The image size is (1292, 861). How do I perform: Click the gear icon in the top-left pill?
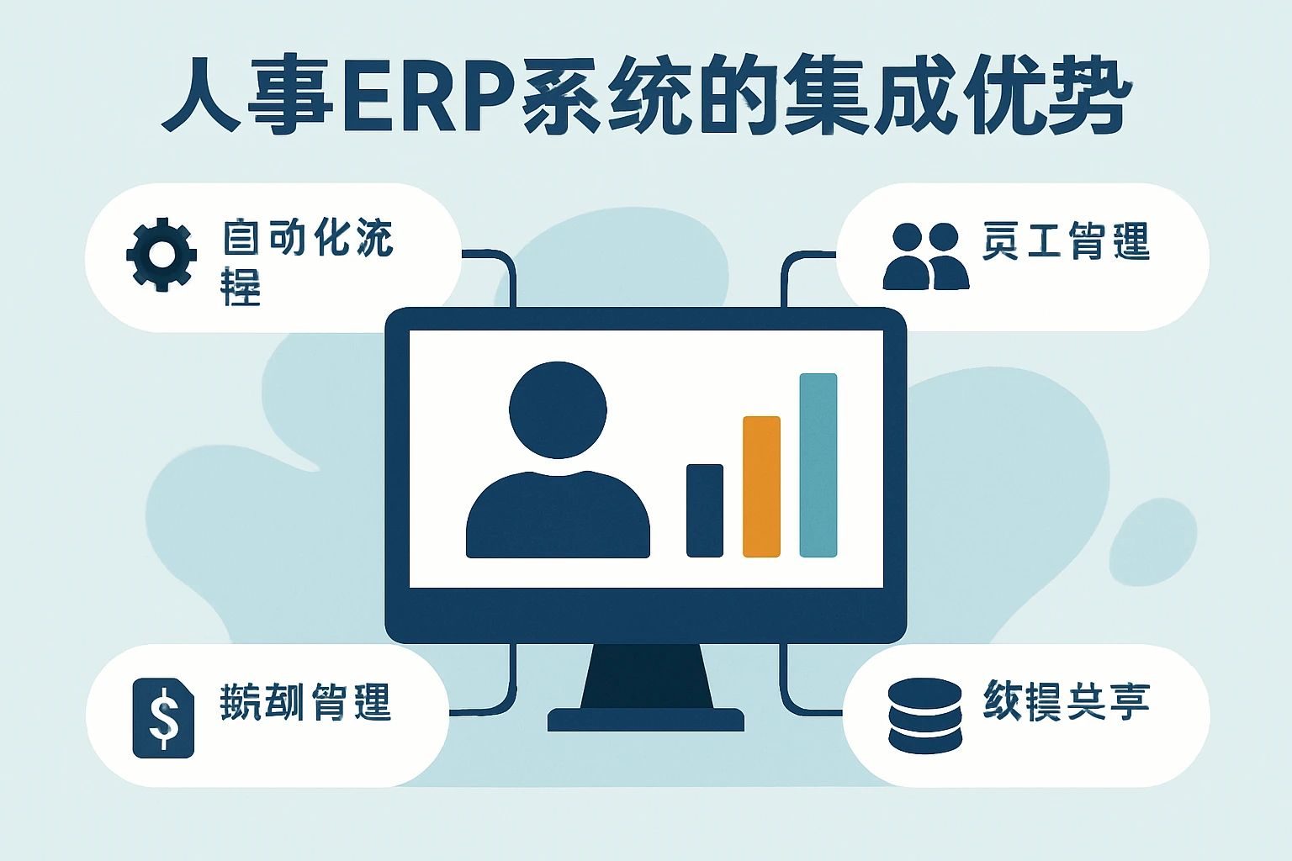click(x=161, y=255)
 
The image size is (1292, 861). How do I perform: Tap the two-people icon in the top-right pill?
click(x=925, y=256)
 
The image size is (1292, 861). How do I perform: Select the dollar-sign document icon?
click(x=163, y=718)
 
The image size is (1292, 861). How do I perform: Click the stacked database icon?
click(x=924, y=716)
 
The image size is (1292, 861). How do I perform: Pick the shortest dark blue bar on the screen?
click(x=705, y=510)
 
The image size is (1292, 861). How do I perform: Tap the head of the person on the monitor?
click(x=558, y=409)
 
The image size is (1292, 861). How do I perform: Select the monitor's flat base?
click(x=645, y=720)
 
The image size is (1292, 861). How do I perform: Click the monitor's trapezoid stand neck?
click(x=646, y=676)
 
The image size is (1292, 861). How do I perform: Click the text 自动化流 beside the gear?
click(x=308, y=237)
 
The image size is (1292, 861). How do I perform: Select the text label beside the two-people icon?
click(x=1066, y=242)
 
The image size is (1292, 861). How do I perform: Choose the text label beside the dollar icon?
click(x=305, y=702)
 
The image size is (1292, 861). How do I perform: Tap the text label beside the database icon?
click(x=1066, y=700)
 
